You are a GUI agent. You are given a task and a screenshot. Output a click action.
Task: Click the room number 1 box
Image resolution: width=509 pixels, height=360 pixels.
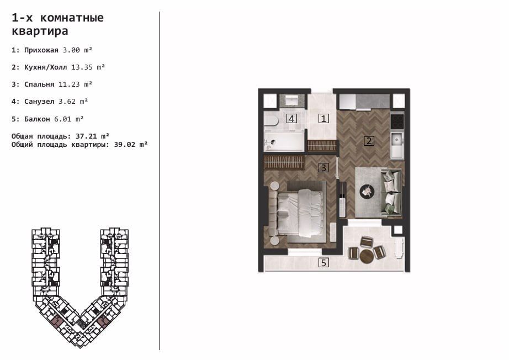[324, 119]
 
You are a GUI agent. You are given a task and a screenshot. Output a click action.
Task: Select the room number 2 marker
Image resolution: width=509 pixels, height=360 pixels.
[369, 141]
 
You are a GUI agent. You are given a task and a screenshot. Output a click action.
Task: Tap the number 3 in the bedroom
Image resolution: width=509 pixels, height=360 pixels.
[324, 168]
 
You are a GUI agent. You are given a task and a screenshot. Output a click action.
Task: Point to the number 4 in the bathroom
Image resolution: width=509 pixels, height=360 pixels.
[291, 119]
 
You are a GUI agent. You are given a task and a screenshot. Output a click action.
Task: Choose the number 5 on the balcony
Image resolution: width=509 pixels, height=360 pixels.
[324, 262]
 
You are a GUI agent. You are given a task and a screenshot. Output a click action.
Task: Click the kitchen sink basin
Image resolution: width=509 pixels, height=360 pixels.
[397, 140]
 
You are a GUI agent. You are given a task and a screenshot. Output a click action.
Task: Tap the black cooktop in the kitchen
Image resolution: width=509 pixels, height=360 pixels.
[397, 121]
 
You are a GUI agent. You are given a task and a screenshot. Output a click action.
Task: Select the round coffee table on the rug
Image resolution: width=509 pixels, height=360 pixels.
[367, 191]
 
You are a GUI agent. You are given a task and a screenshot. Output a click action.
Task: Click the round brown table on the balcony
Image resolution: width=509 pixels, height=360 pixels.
[367, 256]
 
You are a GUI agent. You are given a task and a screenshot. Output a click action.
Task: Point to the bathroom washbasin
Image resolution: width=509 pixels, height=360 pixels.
[292, 100]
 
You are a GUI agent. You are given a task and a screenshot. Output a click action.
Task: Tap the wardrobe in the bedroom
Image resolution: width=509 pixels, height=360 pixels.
[284, 162]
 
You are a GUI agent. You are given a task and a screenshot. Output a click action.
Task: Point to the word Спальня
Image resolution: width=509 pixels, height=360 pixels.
[39, 84]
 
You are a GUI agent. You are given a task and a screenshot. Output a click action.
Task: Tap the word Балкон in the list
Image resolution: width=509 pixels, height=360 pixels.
[38, 119]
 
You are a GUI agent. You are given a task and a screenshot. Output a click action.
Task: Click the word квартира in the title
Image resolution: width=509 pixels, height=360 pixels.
[40, 31]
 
